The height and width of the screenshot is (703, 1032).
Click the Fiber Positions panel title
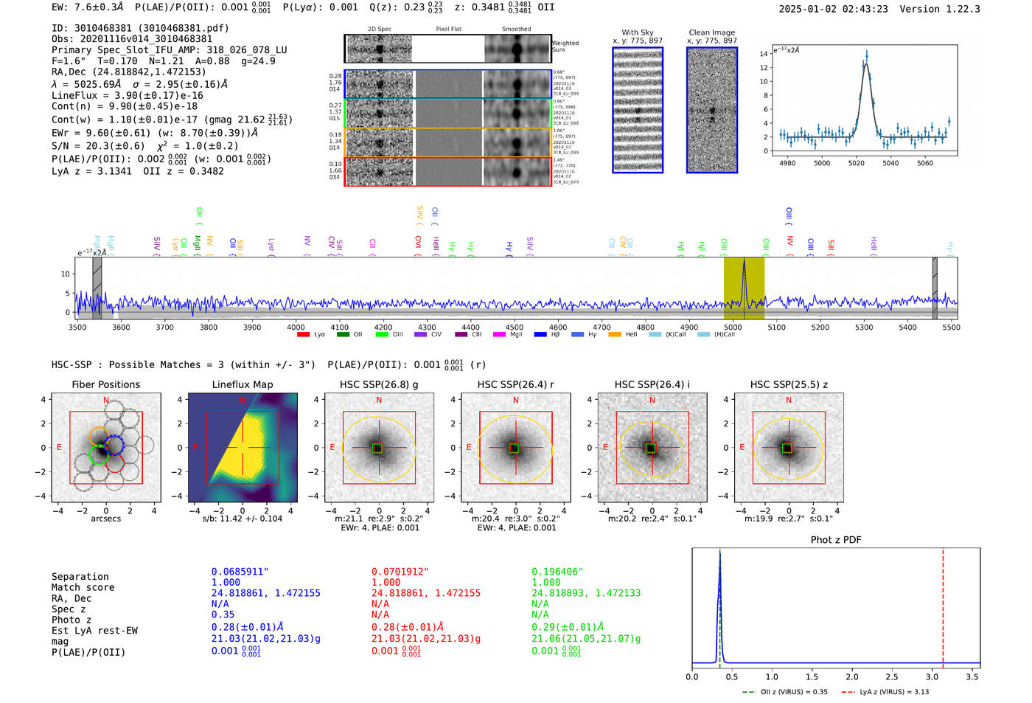[x=105, y=384]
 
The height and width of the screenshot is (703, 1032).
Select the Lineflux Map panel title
[x=242, y=384]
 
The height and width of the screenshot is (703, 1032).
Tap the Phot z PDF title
[x=836, y=540]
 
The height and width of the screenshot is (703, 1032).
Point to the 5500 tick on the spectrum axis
[x=951, y=328]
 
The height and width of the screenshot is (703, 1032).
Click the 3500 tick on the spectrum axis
[x=77, y=328]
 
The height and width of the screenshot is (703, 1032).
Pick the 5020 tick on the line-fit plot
[x=856, y=163]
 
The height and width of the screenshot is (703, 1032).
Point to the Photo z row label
[x=71, y=620]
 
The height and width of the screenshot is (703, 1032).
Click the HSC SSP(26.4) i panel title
[x=652, y=384]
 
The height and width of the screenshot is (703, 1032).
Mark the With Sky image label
[x=638, y=32]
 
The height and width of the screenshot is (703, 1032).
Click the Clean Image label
[x=711, y=32]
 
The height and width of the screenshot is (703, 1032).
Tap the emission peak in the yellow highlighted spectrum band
[x=744, y=262]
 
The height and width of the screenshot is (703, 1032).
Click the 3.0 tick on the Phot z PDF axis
[x=932, y=676]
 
